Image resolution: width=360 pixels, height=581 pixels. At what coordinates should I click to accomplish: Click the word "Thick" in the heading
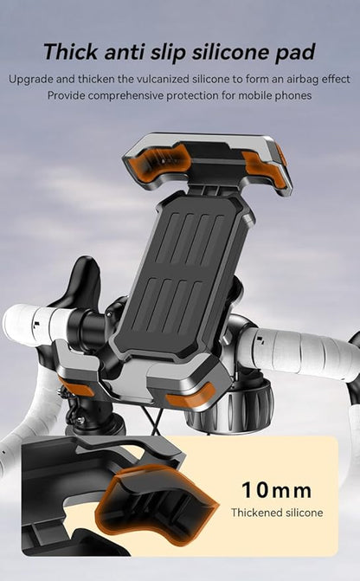coord(71,51)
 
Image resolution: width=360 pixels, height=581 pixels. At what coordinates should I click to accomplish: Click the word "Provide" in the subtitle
coord(67,95)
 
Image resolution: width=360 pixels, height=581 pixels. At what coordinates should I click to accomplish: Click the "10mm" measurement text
coord(276,490)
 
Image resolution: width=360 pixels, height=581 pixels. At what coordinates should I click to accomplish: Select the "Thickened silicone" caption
coord(277,513)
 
